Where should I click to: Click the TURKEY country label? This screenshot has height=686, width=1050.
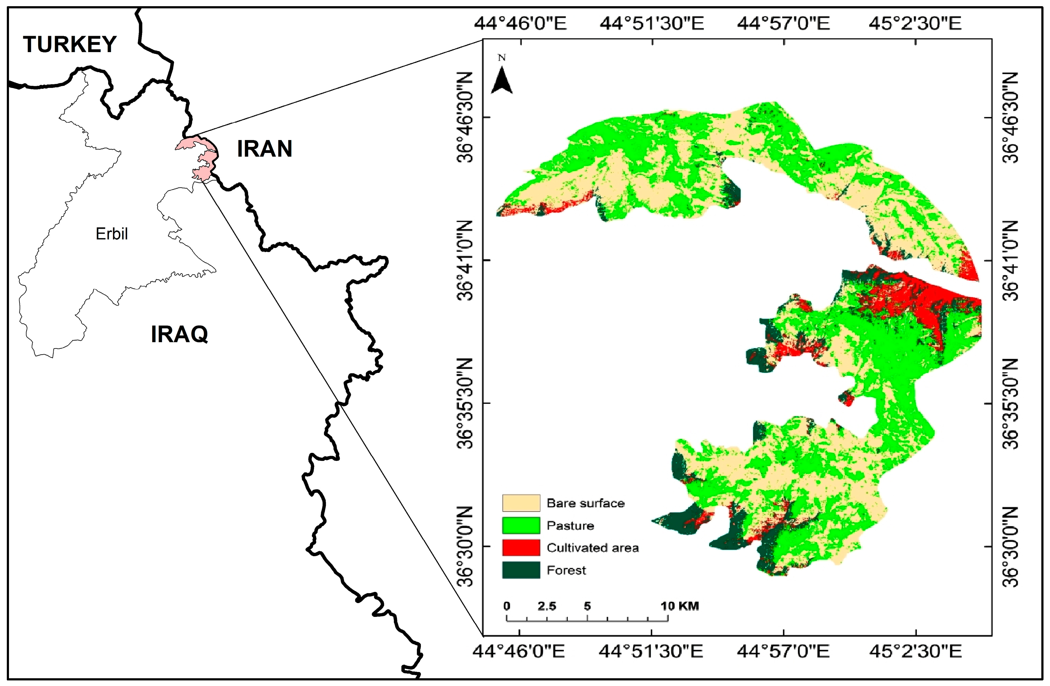(x=69, y=45)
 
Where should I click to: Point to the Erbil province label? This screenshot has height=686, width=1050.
(x=112, y=234)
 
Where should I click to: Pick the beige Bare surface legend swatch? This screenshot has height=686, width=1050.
(x=521, y=503)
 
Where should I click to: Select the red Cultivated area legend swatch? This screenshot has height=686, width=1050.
(x=521, y=548)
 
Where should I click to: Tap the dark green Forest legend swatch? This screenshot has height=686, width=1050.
(x=521, y=570)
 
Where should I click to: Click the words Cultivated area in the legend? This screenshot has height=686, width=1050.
(x=593, y=548)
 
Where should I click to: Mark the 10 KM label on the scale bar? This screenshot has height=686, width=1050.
(x=680, y=606)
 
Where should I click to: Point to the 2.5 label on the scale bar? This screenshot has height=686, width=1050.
(x=547, y=606)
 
